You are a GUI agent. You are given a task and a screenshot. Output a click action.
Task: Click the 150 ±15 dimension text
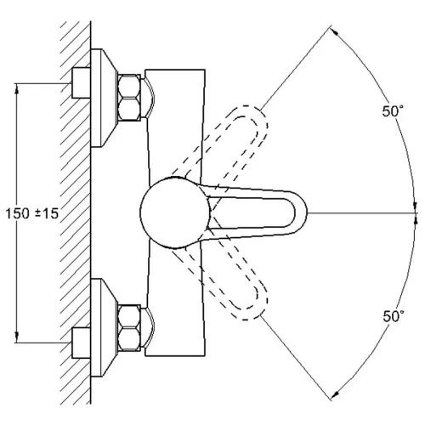[32, 213]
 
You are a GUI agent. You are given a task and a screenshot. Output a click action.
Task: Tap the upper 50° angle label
[393, 111]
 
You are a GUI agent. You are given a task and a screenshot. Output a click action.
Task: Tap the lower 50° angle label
[394, 316]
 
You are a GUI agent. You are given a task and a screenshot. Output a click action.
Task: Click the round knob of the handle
[175, 212]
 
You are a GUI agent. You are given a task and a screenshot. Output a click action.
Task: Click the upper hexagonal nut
[129, 97]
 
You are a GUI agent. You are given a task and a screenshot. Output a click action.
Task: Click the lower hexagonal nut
[129, 328]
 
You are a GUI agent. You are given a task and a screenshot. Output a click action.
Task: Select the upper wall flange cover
[104, 98]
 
